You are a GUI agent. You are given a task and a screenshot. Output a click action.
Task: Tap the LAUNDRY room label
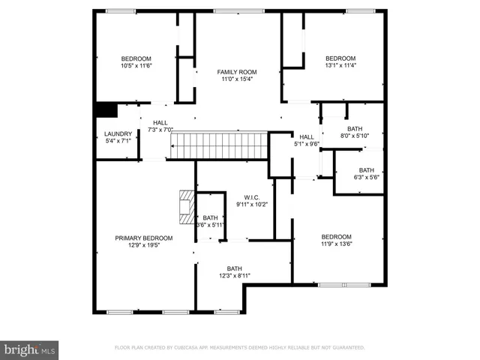click(118, 133)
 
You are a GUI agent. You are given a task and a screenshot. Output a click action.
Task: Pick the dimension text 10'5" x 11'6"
click(136, 66)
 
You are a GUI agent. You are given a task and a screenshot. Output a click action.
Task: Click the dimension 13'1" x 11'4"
click(340, 65)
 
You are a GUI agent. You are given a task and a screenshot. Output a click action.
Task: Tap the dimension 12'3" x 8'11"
click(235, 276)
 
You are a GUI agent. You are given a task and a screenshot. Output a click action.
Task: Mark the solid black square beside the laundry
click(106, 110)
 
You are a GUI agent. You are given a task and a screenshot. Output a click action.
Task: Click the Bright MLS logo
click(30, 350)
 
